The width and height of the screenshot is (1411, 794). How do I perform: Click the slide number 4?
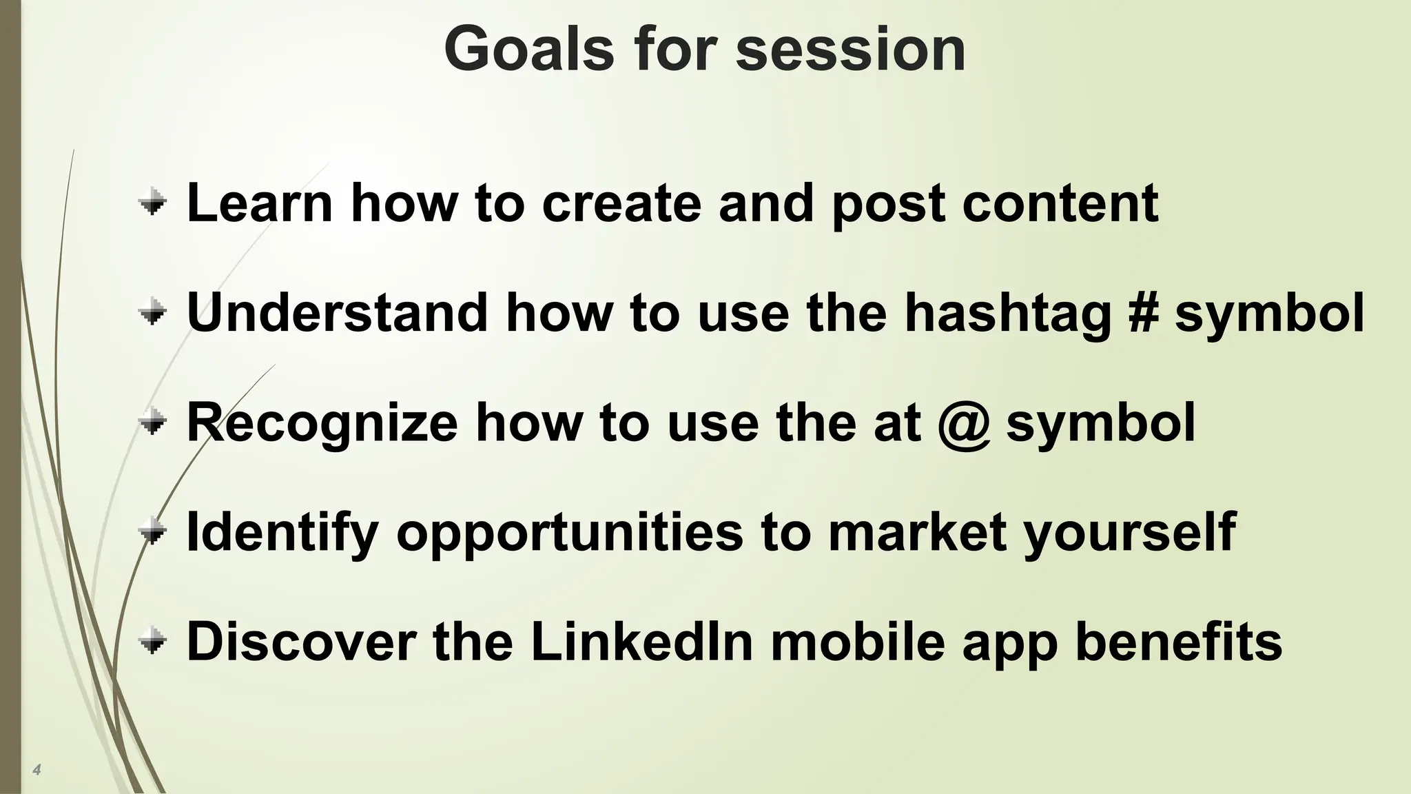(37, 770)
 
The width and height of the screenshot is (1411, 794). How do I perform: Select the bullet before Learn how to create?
(152, 203)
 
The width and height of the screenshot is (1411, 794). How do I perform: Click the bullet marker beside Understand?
(152, 314)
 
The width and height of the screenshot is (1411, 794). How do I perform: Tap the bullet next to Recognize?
(152, 423)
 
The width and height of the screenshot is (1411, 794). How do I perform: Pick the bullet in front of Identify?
(152, 532)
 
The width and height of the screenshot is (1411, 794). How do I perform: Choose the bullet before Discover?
(152, 642)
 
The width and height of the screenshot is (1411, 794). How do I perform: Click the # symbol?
(1143, 313)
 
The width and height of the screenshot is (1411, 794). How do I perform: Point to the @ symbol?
(964, 423)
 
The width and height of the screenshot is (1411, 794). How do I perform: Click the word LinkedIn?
(641, 642)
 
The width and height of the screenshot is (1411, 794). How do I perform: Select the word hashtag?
(1008, 314)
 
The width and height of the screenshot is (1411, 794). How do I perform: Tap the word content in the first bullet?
(1060, 204)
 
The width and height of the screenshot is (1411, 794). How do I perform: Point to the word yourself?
(1129, 533)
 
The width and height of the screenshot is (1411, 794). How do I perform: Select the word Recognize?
(322, 423)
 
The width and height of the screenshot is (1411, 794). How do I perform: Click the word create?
(621, 204)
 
